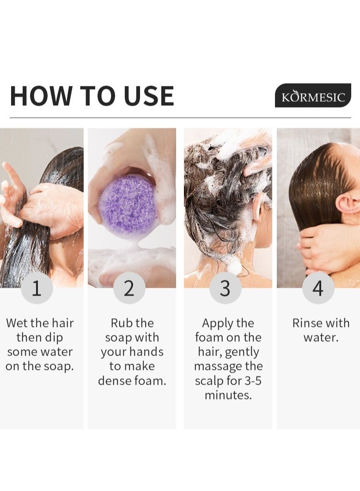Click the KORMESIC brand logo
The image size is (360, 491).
(x=313, y=96)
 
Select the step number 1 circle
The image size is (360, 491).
(x=37, y=288)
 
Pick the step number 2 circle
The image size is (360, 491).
(x=129, y=288)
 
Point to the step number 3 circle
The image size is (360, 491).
(x=225, y=288)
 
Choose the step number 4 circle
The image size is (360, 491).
(x=318, y=288)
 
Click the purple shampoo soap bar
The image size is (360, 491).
(x=128, y=205)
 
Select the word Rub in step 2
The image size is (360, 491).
(x=120, y=323)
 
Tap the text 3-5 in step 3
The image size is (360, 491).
(x=253, y=381)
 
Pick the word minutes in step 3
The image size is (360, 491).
(x=228, y=395)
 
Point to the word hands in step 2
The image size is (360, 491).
(x=147, y=352)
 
